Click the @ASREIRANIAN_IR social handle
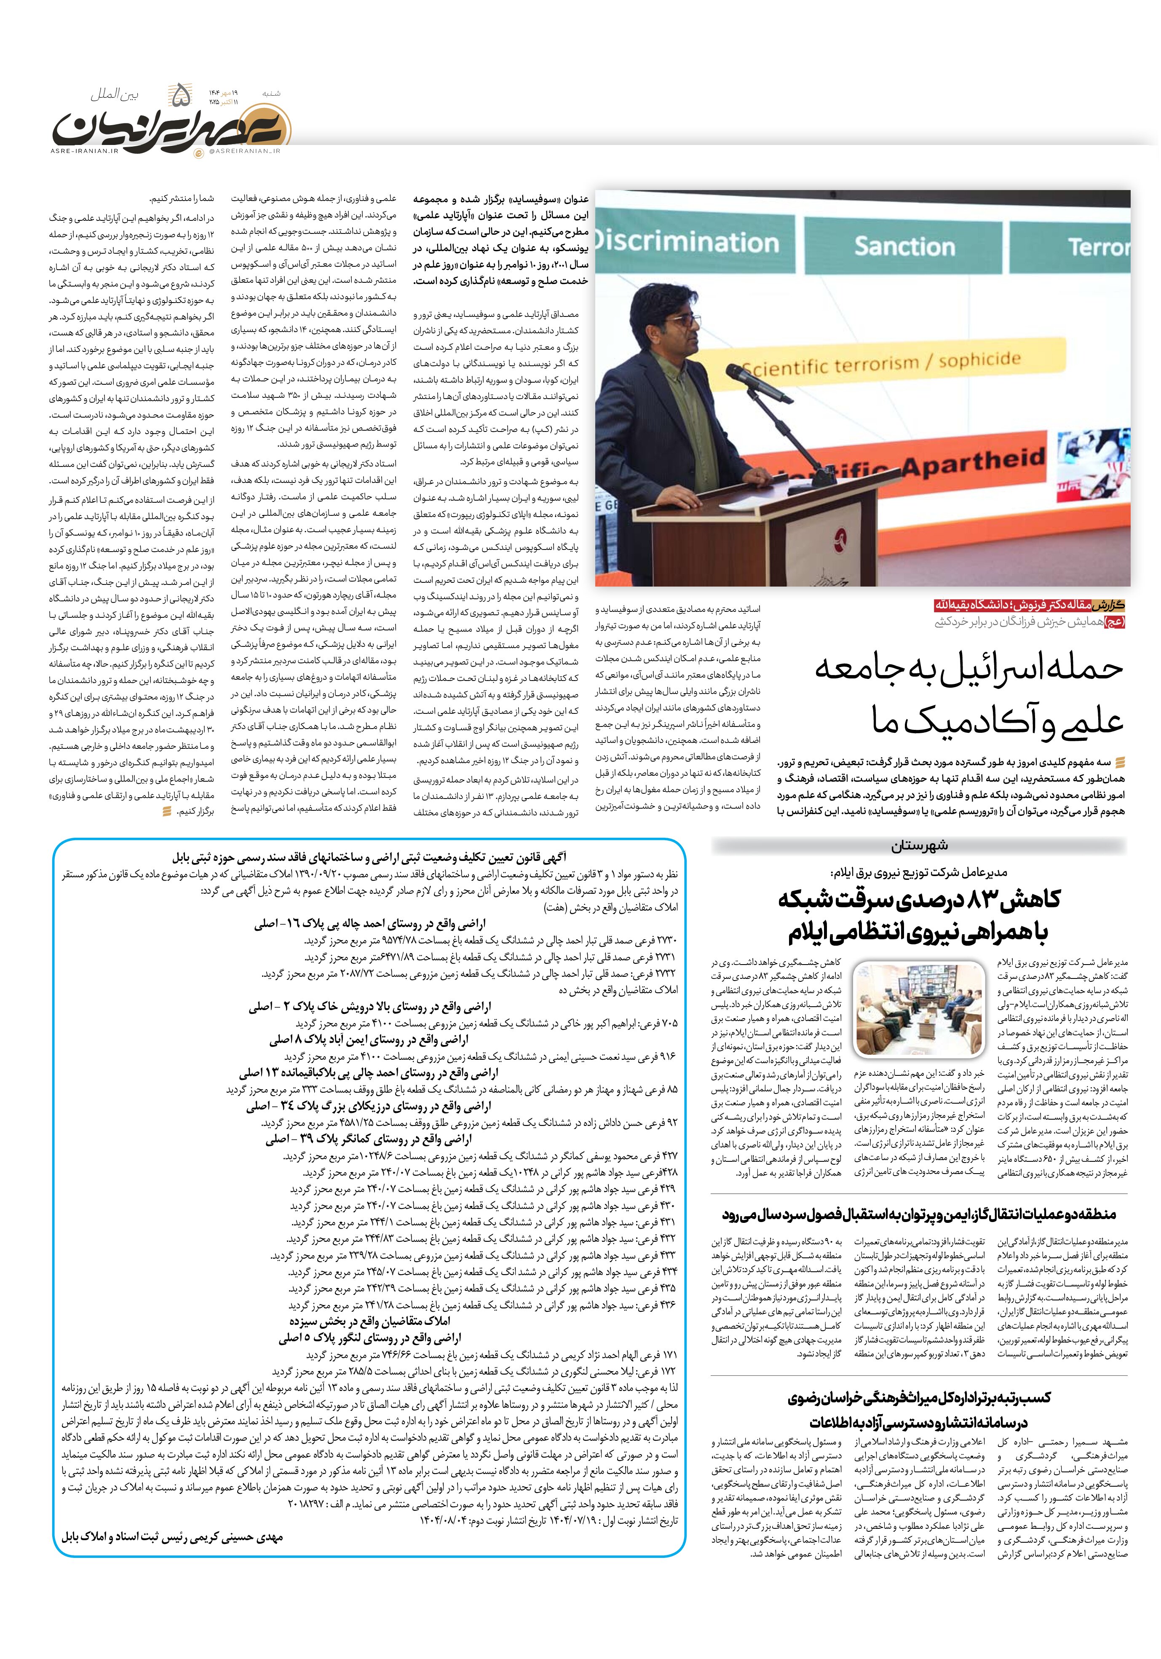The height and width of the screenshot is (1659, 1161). point(246,151)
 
